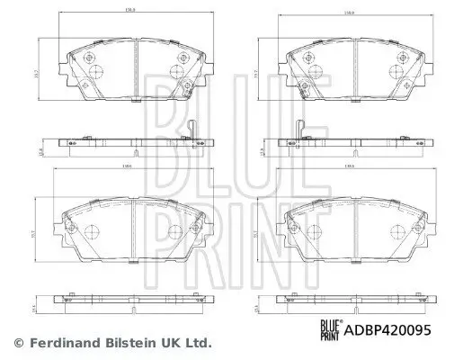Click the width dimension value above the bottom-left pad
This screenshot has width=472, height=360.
point(131,168)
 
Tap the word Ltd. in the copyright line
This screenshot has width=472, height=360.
point(200,343)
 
